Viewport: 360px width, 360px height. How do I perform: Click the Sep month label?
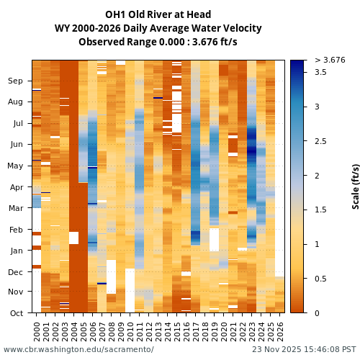tap(16, 81)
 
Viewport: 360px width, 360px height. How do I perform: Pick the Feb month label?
tap(16, 230)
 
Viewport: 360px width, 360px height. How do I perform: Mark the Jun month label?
tap(16, 145)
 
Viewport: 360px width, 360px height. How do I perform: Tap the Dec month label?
tap(16, 271)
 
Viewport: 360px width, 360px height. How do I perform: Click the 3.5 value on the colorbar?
tap(320, 73)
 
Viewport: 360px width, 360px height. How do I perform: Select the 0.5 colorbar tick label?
tap(320, 279)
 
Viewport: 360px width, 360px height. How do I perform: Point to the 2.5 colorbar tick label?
tap(320, 141)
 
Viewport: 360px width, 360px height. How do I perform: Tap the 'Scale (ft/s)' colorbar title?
tap(356, 186)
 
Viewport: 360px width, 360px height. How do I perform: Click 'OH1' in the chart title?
tap(117, 14)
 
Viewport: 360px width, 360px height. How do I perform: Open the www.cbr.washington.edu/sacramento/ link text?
tap(78, 350)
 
